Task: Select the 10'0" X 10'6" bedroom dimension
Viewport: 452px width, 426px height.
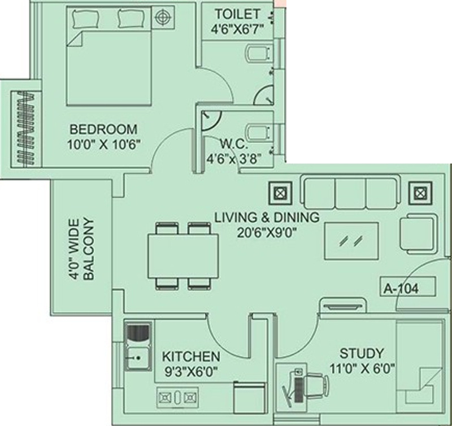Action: [103, 144]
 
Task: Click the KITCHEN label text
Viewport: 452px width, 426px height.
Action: [191, 357]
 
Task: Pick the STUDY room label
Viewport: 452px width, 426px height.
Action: [361, 354]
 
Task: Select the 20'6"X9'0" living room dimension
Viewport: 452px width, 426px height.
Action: [267, 231]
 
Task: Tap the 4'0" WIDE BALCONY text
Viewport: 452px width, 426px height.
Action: [82, 249]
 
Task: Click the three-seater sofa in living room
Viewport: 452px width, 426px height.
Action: [350, 192]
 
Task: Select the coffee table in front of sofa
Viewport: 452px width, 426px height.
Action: [351, 240]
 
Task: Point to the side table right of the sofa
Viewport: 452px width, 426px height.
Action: [419, 193]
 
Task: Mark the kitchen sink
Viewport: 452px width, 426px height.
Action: [137, 357]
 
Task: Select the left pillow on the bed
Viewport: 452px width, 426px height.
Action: [85, 19]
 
